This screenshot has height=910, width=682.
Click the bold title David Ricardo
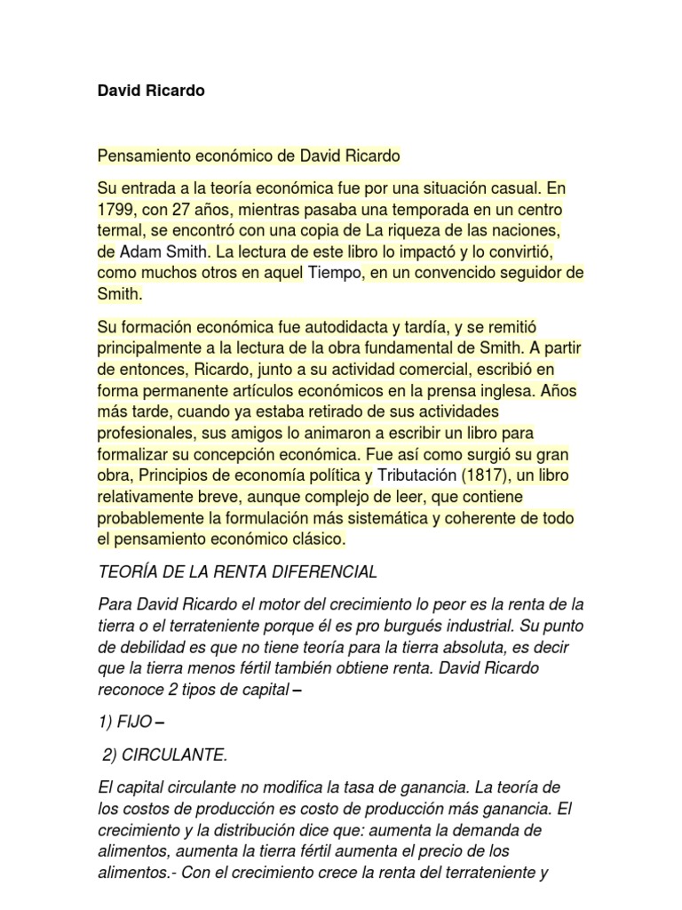(151, 91)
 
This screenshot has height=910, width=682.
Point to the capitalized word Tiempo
(335, 272)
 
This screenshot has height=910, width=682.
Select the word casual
(514, 188)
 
